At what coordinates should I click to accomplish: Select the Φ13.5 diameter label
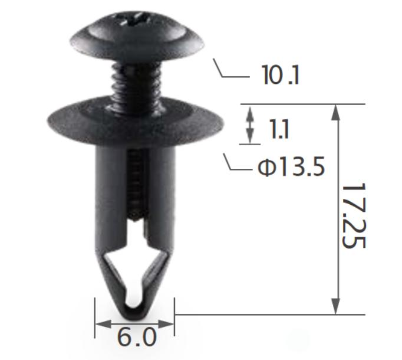point(291,168)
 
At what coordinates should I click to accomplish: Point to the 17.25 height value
point(353,215)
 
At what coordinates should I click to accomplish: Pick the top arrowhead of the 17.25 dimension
point(337,112)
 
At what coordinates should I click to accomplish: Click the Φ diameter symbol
point(264,169)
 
